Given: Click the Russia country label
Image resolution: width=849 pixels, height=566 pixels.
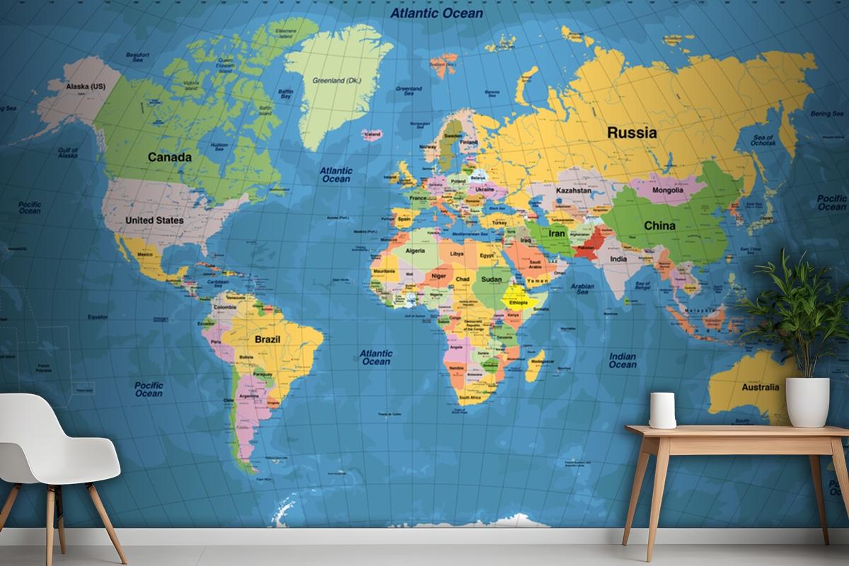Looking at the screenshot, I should (632, 132).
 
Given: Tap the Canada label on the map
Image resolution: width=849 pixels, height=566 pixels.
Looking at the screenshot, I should (170, 157).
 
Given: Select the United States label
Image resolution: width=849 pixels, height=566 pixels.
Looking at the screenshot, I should (154, 220).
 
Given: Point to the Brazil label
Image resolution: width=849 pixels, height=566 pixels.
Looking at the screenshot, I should (267, 340).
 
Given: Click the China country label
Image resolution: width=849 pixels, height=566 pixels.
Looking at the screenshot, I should (659, 226).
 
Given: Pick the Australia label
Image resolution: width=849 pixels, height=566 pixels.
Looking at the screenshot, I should (760, 387).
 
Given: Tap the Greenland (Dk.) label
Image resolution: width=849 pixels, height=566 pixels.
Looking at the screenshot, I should (337, 81).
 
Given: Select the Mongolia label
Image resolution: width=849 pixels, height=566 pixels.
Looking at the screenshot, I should (667, 190).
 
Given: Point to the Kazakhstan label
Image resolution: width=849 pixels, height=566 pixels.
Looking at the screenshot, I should (573, 191).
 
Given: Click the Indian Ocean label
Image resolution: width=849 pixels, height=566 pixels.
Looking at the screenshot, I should (623, 361).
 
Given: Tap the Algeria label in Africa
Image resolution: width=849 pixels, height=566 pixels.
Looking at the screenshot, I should (416, 250).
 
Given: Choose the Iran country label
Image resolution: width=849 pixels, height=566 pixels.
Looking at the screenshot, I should (557, 233).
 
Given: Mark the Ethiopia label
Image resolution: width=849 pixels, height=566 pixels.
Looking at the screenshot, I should (519, 302).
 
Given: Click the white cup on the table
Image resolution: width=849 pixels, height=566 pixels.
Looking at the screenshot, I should (662, 410).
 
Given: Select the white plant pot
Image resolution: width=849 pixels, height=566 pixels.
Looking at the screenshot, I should (807, 402).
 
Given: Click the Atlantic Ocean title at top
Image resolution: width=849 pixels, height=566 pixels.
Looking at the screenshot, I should (437, 13).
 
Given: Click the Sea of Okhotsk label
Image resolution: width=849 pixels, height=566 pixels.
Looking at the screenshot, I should (764, 140).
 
